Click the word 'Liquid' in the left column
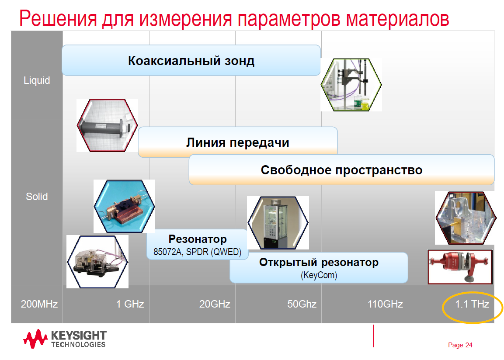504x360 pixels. [37, 80]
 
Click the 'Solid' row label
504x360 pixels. [37, 197]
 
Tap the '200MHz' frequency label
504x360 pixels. [39, 304]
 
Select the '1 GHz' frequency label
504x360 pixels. [130, 304]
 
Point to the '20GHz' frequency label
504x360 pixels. [215, 304]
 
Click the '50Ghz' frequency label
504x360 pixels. [302, 304]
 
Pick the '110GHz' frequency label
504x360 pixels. [385, 304]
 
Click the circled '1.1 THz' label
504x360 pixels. [472, 304]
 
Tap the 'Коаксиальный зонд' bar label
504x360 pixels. [191, 61]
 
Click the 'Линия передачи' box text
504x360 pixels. [238, 142]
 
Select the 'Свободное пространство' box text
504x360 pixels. [341, 170]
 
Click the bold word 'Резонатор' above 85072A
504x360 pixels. [197, 239]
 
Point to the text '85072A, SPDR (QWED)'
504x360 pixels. [197, 252]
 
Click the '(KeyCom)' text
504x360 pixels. [319, 275]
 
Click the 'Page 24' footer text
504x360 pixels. [460, 345]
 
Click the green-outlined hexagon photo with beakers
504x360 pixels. [351, 85]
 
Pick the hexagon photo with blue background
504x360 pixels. [125, 206]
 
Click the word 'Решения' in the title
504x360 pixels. [58, 18]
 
